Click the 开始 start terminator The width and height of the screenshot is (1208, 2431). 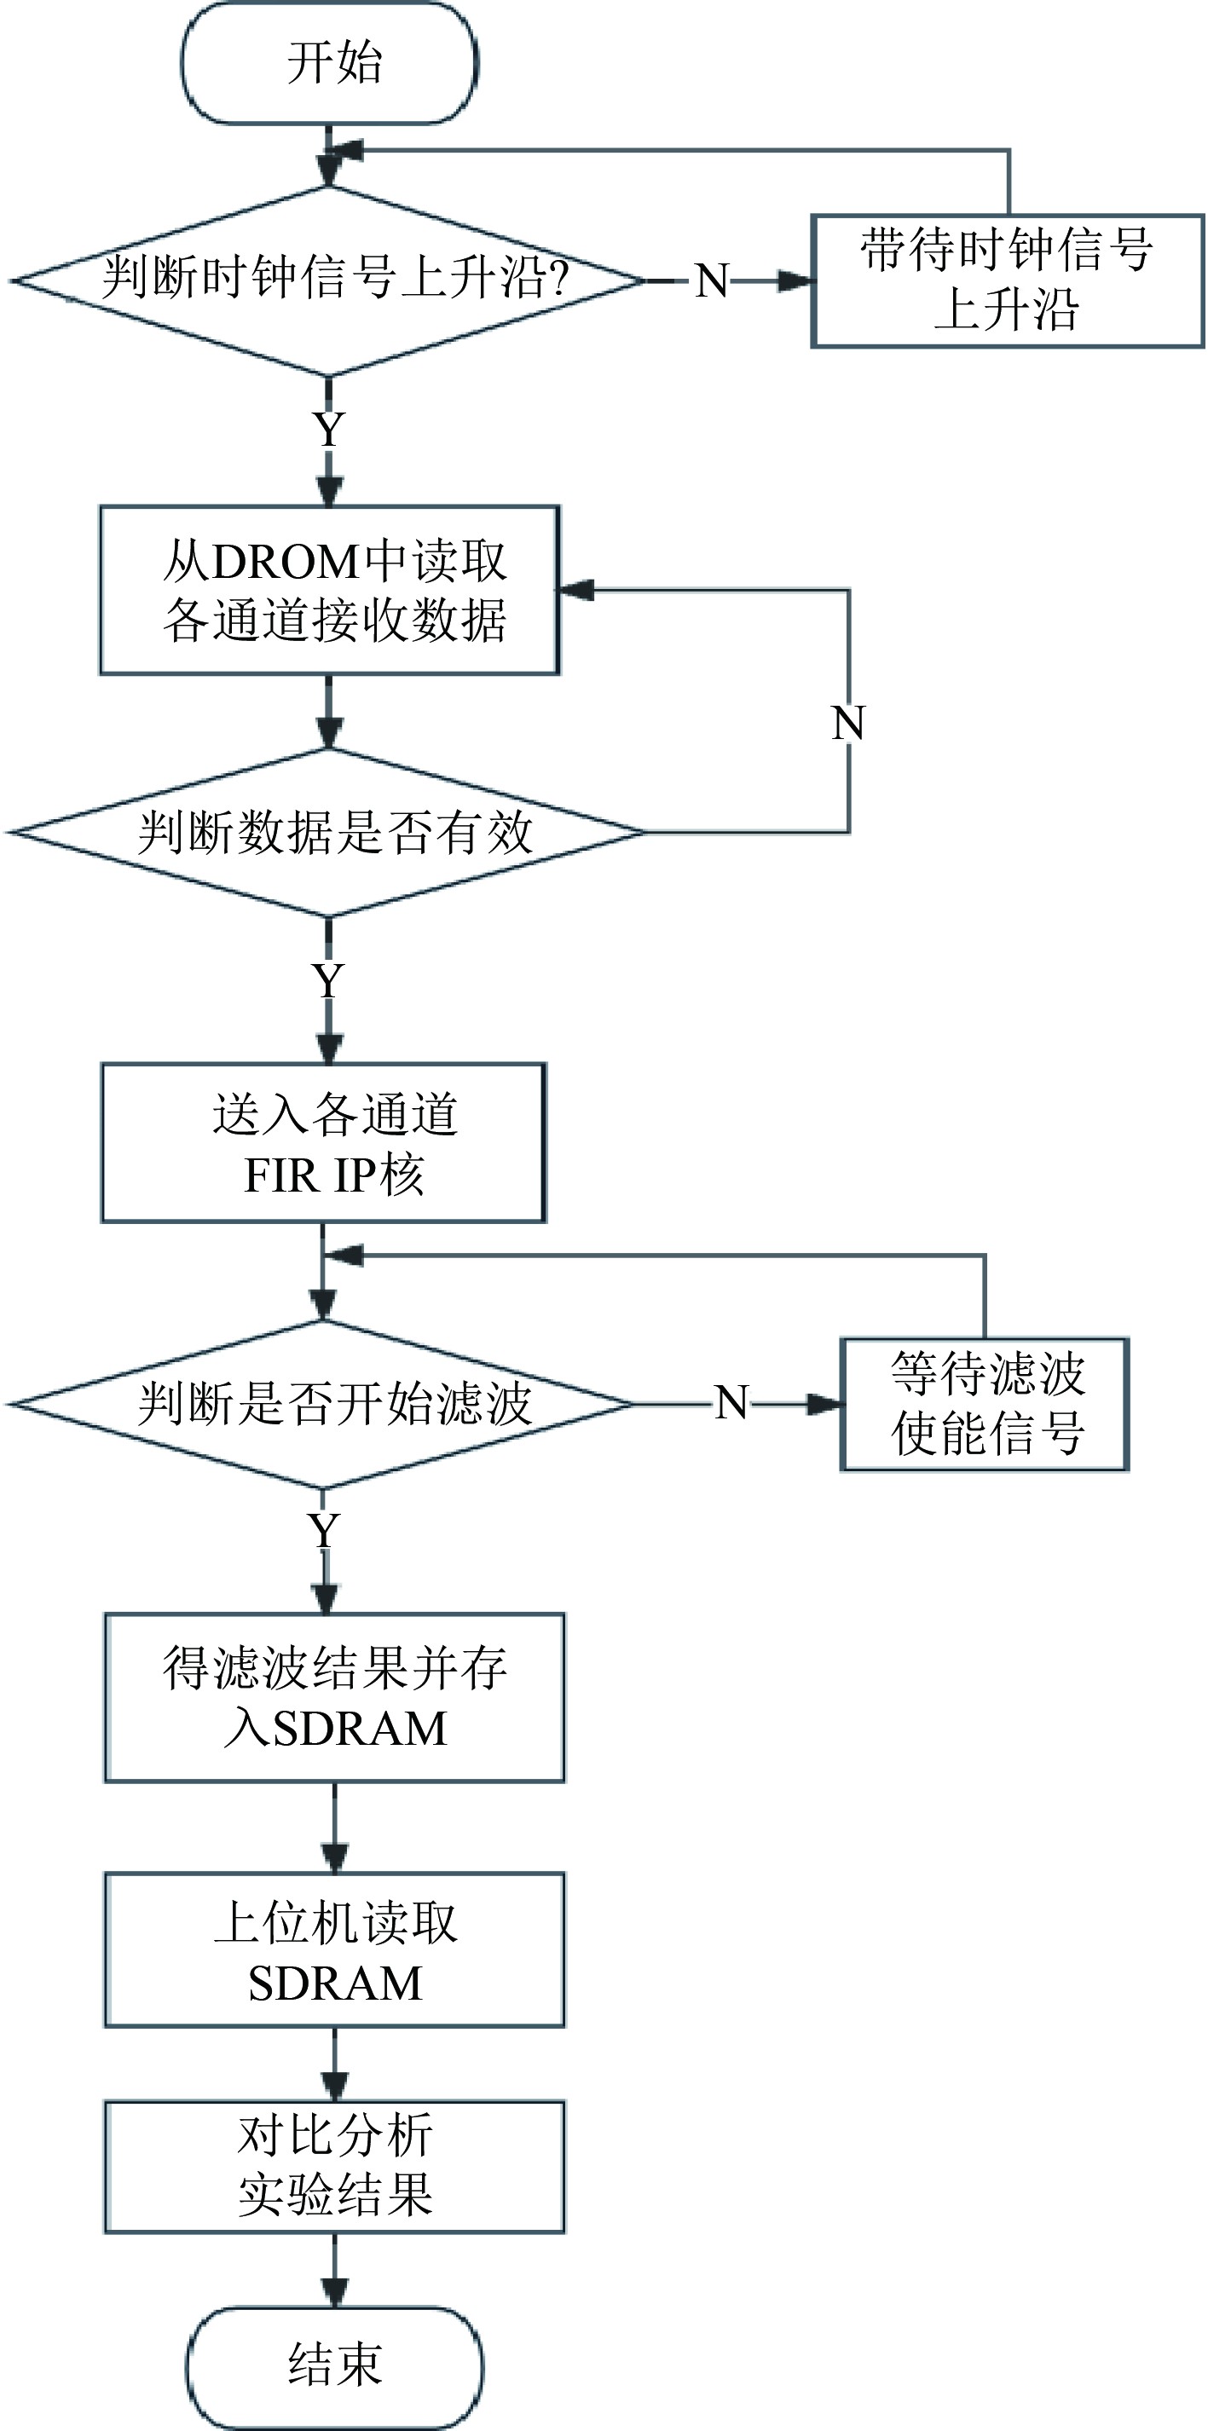click(x=329, y=63)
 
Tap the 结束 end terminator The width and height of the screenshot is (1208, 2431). click(x=334, y=2367)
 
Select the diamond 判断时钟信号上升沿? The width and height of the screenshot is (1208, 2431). click(x=329, y=280)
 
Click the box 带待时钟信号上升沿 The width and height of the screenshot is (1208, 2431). click(x=1007, y=281)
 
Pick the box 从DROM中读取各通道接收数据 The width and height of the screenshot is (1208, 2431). click(x=329, y=590)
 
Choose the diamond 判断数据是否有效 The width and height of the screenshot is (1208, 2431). click(x=329, y=831)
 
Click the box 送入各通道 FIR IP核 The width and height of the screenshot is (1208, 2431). click(x=324, y=1143)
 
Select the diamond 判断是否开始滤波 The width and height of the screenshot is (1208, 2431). click(x=324, y=1403)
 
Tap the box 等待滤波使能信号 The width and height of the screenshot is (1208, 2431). click(x=985, y=1404)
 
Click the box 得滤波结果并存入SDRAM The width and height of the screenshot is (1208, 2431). click(x=334, y=1698)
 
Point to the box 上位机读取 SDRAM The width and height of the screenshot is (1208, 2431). click(x=334, y=1949)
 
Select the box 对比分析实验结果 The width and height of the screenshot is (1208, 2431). click(x=334, y=2167)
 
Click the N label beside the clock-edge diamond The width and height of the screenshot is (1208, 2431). click(x=712, y=281)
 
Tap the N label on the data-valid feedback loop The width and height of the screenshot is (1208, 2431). click(x=848, y=724)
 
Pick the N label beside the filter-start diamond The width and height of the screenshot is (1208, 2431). click(x=731, y=1403)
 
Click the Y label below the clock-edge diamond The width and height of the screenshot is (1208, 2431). click(x=328, y=430)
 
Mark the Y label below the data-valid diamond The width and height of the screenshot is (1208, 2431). click(x=327, y=981)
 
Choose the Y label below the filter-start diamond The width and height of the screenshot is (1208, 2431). click(x=324, y=1530)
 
